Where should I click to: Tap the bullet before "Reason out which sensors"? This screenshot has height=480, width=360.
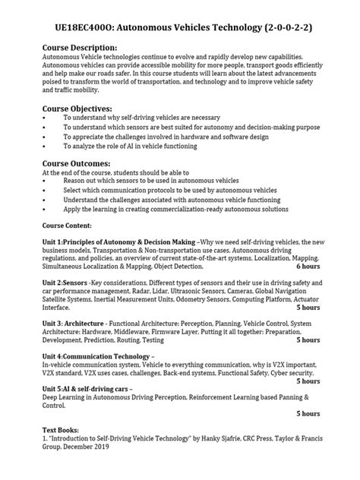[x=46, y=181]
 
